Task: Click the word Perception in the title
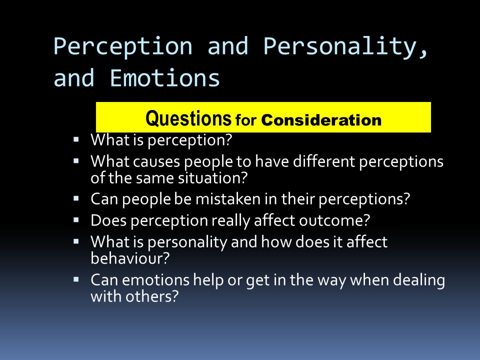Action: point(123,47)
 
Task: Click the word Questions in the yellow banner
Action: point(188,119)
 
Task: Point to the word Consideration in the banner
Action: point(321,120)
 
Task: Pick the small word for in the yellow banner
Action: point(246,120)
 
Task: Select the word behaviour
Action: point(129,257)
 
